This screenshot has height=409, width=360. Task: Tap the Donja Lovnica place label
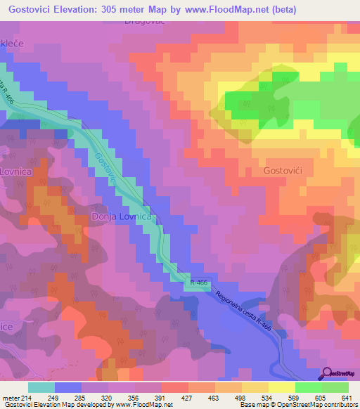pyautogui.click(x=121, y=217)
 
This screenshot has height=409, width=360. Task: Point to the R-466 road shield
pyautogui.click(x=198, y=282)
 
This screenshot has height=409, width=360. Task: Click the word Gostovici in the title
pyautogui.click(x=34, y=10)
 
